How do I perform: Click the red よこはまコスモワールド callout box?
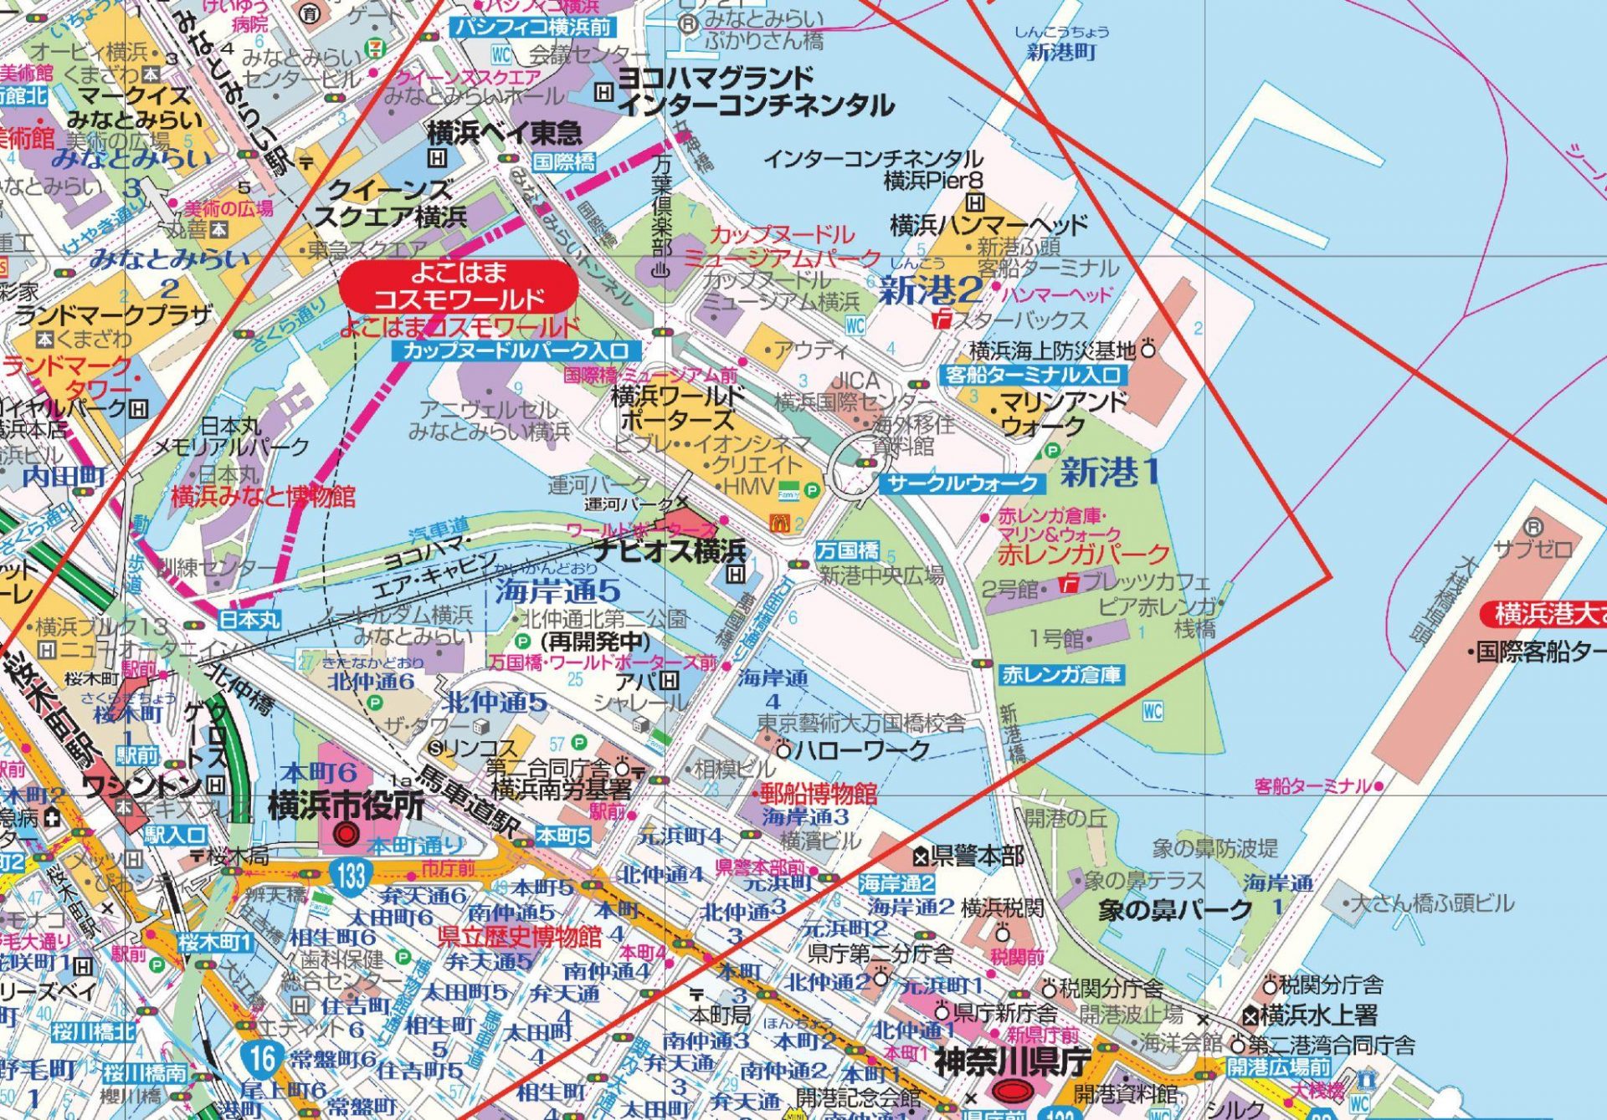pyautogui.click(x=459, y=285)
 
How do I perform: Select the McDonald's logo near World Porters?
pyautogui.click(x=779, y=524)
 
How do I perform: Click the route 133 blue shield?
pyautogui.click(x=352, y=876)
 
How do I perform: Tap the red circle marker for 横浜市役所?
pyautogui.click(x=347, y=834)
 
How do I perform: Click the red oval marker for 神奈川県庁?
pyautogui.click(x=1012, y=1091)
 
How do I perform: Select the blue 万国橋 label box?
pyautogui.click(x=848, y=550)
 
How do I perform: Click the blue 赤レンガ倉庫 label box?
pyautogui.click(x=1061, y=675)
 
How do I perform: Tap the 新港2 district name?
pyautogui.click(x=930, y=290)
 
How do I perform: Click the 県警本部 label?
pyautogui.click(x=976, y=855)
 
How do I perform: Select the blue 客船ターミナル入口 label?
pyautogui.click(x=1033, y=375)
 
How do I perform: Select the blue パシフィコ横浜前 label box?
pyautogui.click(x=534, y=27)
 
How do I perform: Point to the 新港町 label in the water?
pyautogui.click(x=1060, y=52)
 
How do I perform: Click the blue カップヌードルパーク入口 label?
pyautogui.click(x=516, y=350)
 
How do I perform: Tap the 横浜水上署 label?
pyautogui.click(x=1318, y=1015)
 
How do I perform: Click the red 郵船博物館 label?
pyautogui.click(x=818, y=793)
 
